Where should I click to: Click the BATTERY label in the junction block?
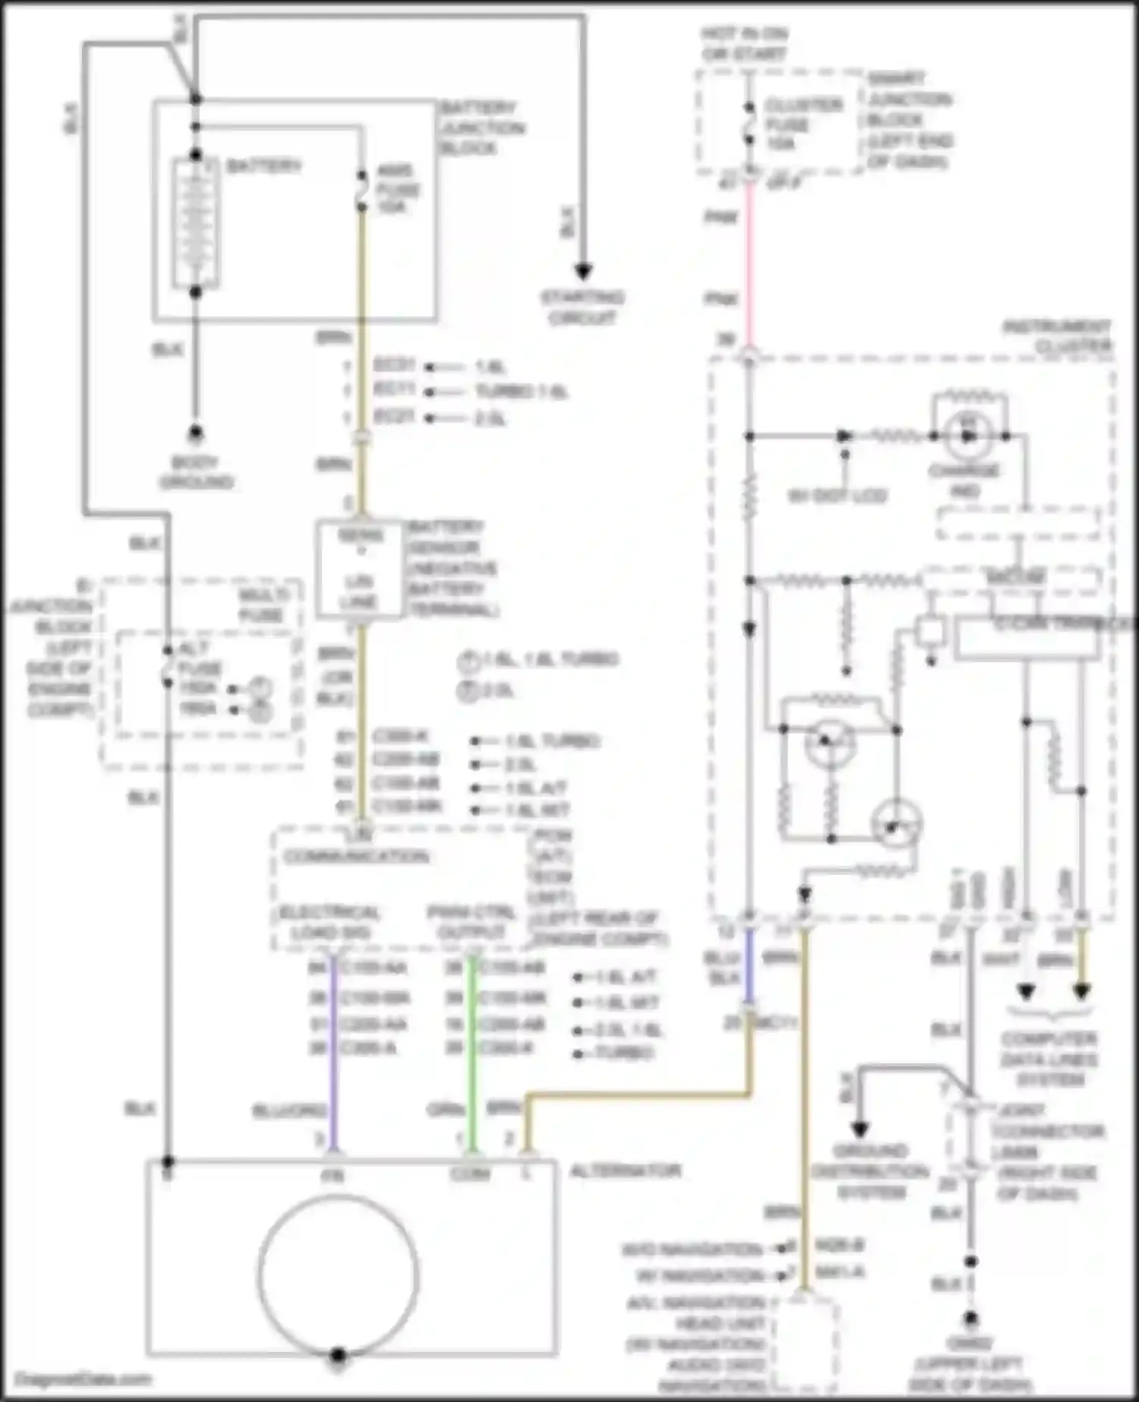pyautogui.click(x=263, y=166)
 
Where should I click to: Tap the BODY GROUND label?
pyautogui.click(x=196, y=472)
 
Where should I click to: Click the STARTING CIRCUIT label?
pyautogui.click(x=582, y=308)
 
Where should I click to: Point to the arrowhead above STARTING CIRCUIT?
pyautogui.click(x=582, y=271)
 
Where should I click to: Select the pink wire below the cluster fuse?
pyautogui.click(x=749, y=258)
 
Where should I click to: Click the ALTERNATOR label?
pyautogui.click(x=624, y=1170)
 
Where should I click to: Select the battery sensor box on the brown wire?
pyautogui.click(x=358, y=570)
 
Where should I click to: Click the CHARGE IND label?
pyautogui.click(x=964, y=481)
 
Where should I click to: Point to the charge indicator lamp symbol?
pyautogui.click(x=967, y=436)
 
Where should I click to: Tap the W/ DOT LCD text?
pyautogui.click(x=837, y=496)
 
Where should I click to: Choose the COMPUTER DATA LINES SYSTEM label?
pyautogui.click(x=1049, y=1059)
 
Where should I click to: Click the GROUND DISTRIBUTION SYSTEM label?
pyautogui.click(x=870, y=1171)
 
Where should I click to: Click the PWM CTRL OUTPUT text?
pyautogui.click(x=471, y=921)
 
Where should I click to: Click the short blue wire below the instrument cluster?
pyautogui.click(x=749, y=965)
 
